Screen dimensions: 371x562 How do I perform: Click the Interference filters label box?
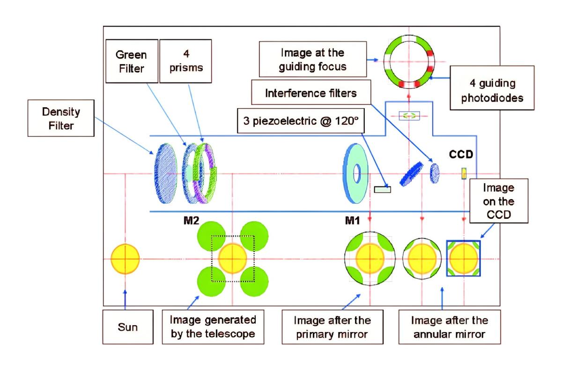[311, 93]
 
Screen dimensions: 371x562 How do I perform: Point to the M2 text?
[192, 220]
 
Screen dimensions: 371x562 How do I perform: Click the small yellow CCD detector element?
[464, 173]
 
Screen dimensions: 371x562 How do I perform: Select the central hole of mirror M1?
[357, 173]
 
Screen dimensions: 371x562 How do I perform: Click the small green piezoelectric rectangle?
[382, 189]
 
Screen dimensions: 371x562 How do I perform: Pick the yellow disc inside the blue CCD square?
[464, 259]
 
